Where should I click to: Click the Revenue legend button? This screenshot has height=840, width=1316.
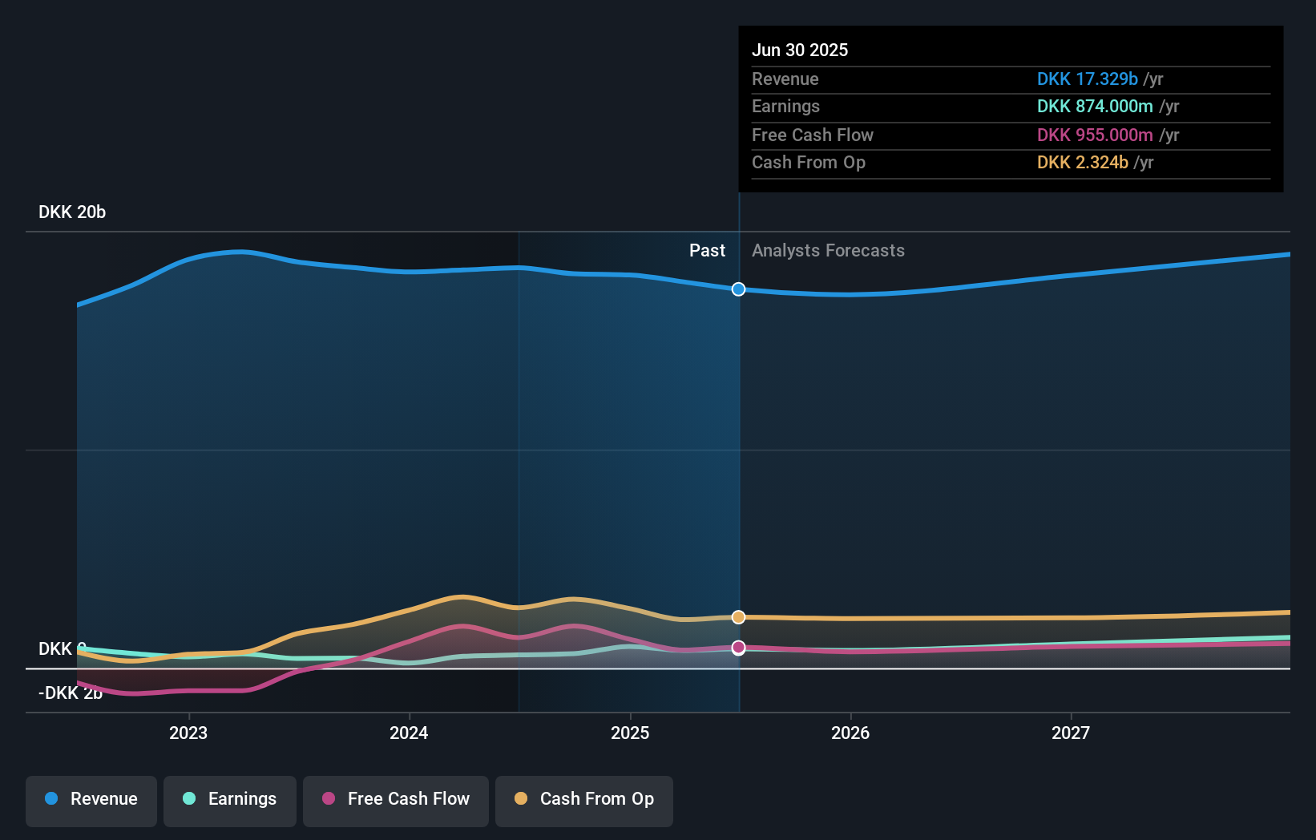(x=91, y=799)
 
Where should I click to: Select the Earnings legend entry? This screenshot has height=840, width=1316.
(x=230, y=799)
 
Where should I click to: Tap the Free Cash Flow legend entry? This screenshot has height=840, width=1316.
(x=396, y=799)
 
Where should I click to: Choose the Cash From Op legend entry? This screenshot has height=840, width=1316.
(x=584, y=799)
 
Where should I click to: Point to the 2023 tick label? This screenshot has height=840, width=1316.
(x=188, y=733)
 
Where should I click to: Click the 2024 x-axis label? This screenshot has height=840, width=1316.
(x=409, y=733)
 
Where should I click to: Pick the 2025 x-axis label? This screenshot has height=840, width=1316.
(x=630, y=733)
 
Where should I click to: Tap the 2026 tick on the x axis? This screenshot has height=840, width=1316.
(x=850, y=733)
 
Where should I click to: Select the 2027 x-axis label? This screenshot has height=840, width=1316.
(x=1071, y=733)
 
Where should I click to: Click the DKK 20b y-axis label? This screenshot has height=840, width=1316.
(x=72, y=212)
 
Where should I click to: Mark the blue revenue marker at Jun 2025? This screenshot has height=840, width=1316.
(x=739, y=289)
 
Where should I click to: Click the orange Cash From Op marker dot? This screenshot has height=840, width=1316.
(x=739, y=617)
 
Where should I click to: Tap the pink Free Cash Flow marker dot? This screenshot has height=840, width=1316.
(x=739, y=647)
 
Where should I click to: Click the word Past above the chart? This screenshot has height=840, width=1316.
(x=707, y=251)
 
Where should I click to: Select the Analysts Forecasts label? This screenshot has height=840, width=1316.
(x=828, y=251)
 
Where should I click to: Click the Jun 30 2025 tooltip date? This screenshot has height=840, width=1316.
(x=800, y=50)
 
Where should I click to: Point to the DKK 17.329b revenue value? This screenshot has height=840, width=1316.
(x=1087, y=79)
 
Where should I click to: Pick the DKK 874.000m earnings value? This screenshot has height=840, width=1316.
(x=1095, y=107)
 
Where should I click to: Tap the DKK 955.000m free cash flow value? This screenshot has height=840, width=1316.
(x=1095, y=135)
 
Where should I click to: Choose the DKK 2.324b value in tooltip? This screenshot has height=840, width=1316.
(x=1082, y=163)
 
